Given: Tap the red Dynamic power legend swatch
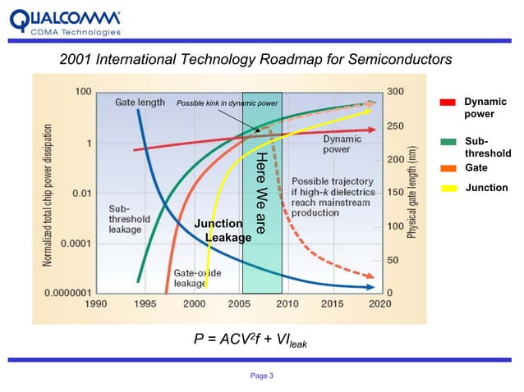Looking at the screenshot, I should pyautogui.click(x=448, y=103).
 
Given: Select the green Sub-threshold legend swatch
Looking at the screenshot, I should pyautogui.click(x=448, y=142).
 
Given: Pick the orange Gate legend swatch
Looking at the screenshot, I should pyautogui.click(x=448, y=167).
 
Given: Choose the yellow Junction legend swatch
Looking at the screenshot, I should pyautogui.click(x=448, y=189).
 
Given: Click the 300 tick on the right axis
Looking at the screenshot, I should pyautogui.click(x=396, y=92).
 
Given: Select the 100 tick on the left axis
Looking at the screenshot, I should pyautogui.click(x=83, y=92).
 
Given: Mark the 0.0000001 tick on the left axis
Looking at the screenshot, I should pyautogui.click(x=68, y=291).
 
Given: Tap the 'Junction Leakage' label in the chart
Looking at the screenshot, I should pyautogui.click(x=220, y=230).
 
